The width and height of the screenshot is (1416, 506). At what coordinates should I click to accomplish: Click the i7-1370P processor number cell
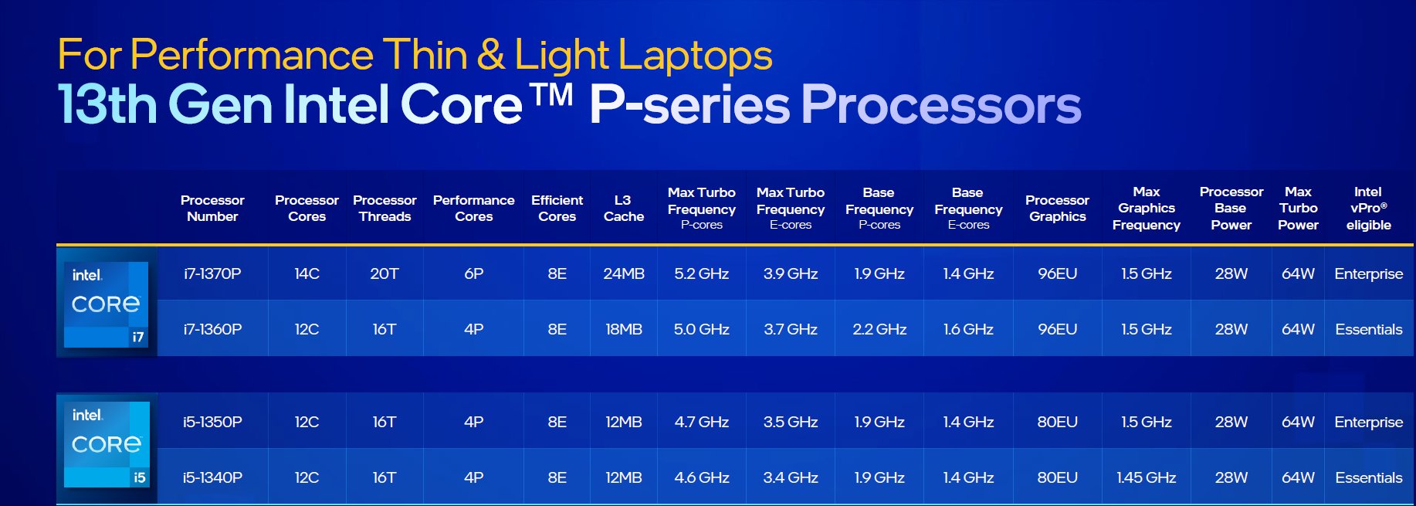(x=212, y=273)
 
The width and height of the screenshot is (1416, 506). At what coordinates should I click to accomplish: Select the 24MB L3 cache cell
(x=624, y=273)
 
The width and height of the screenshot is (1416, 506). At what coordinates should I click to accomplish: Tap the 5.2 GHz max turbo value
(x=701, y=273)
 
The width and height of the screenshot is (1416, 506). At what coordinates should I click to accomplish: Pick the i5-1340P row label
(x=212, y=477)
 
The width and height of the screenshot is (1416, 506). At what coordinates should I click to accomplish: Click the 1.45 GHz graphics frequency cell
(x=1146, y=477)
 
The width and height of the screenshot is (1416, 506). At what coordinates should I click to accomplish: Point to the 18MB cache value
(x=624, y=329)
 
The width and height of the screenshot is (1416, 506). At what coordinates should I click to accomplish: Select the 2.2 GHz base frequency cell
(x=879, y=329)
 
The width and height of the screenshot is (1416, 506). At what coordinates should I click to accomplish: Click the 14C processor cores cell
(x=307, y=273)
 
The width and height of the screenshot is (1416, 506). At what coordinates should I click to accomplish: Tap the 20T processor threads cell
(x=384, y=273)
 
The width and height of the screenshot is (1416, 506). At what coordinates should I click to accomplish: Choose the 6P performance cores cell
(x=473, y=273)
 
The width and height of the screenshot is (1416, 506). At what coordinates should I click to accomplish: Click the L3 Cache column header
(x=624, y=208)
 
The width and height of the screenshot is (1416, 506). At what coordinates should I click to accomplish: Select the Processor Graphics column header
(x=1057, y=208)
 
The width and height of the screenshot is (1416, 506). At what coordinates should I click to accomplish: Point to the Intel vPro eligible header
(x=1368, y=208)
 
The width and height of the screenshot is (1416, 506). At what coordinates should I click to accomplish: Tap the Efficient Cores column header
(x=557, y=208)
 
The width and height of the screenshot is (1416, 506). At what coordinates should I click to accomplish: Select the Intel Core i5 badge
(x=107, y=444)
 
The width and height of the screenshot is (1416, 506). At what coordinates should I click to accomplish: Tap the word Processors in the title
(x=941, y=105)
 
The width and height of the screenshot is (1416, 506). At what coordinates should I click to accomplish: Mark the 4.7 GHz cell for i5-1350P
(x=701, y=422)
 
